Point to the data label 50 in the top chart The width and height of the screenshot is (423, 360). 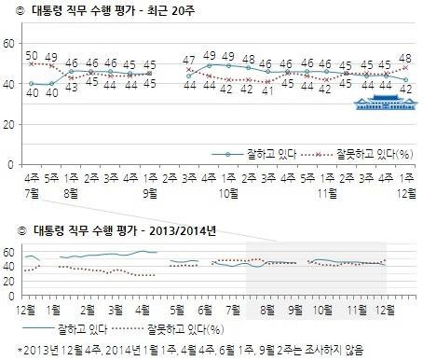tap(30, 55)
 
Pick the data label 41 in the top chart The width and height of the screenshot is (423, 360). tap(267, 91)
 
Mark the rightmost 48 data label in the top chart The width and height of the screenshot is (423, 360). tap(404, 58)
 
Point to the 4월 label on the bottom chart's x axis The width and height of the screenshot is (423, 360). tap(146, 308)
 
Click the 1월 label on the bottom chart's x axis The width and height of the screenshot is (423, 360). tap(53, 308)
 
